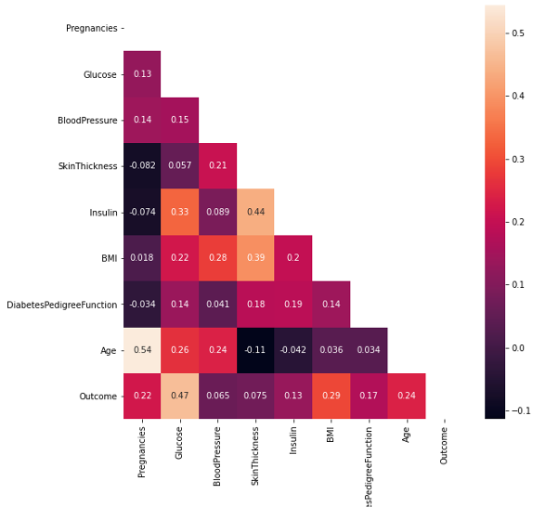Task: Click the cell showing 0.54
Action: coord(141,350)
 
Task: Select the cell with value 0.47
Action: coord(179,396)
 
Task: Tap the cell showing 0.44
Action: coord(255,212)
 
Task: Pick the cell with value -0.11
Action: coord(255,350)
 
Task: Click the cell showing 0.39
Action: coord(255,258)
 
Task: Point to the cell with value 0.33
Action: coord(179,212)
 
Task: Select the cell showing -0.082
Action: coord(141,166)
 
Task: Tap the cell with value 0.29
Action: coord(331,396)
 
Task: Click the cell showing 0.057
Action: coord(179,166)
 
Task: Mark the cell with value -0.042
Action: coord(292,350)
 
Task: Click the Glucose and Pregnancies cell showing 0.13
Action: coord(141,74)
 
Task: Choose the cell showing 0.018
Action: coord(141,258)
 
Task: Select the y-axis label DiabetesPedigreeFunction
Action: coord(61,305)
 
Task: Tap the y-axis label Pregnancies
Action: coord(91,28)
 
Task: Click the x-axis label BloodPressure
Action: coord(217,456)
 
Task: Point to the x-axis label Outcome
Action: coord(444,444)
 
